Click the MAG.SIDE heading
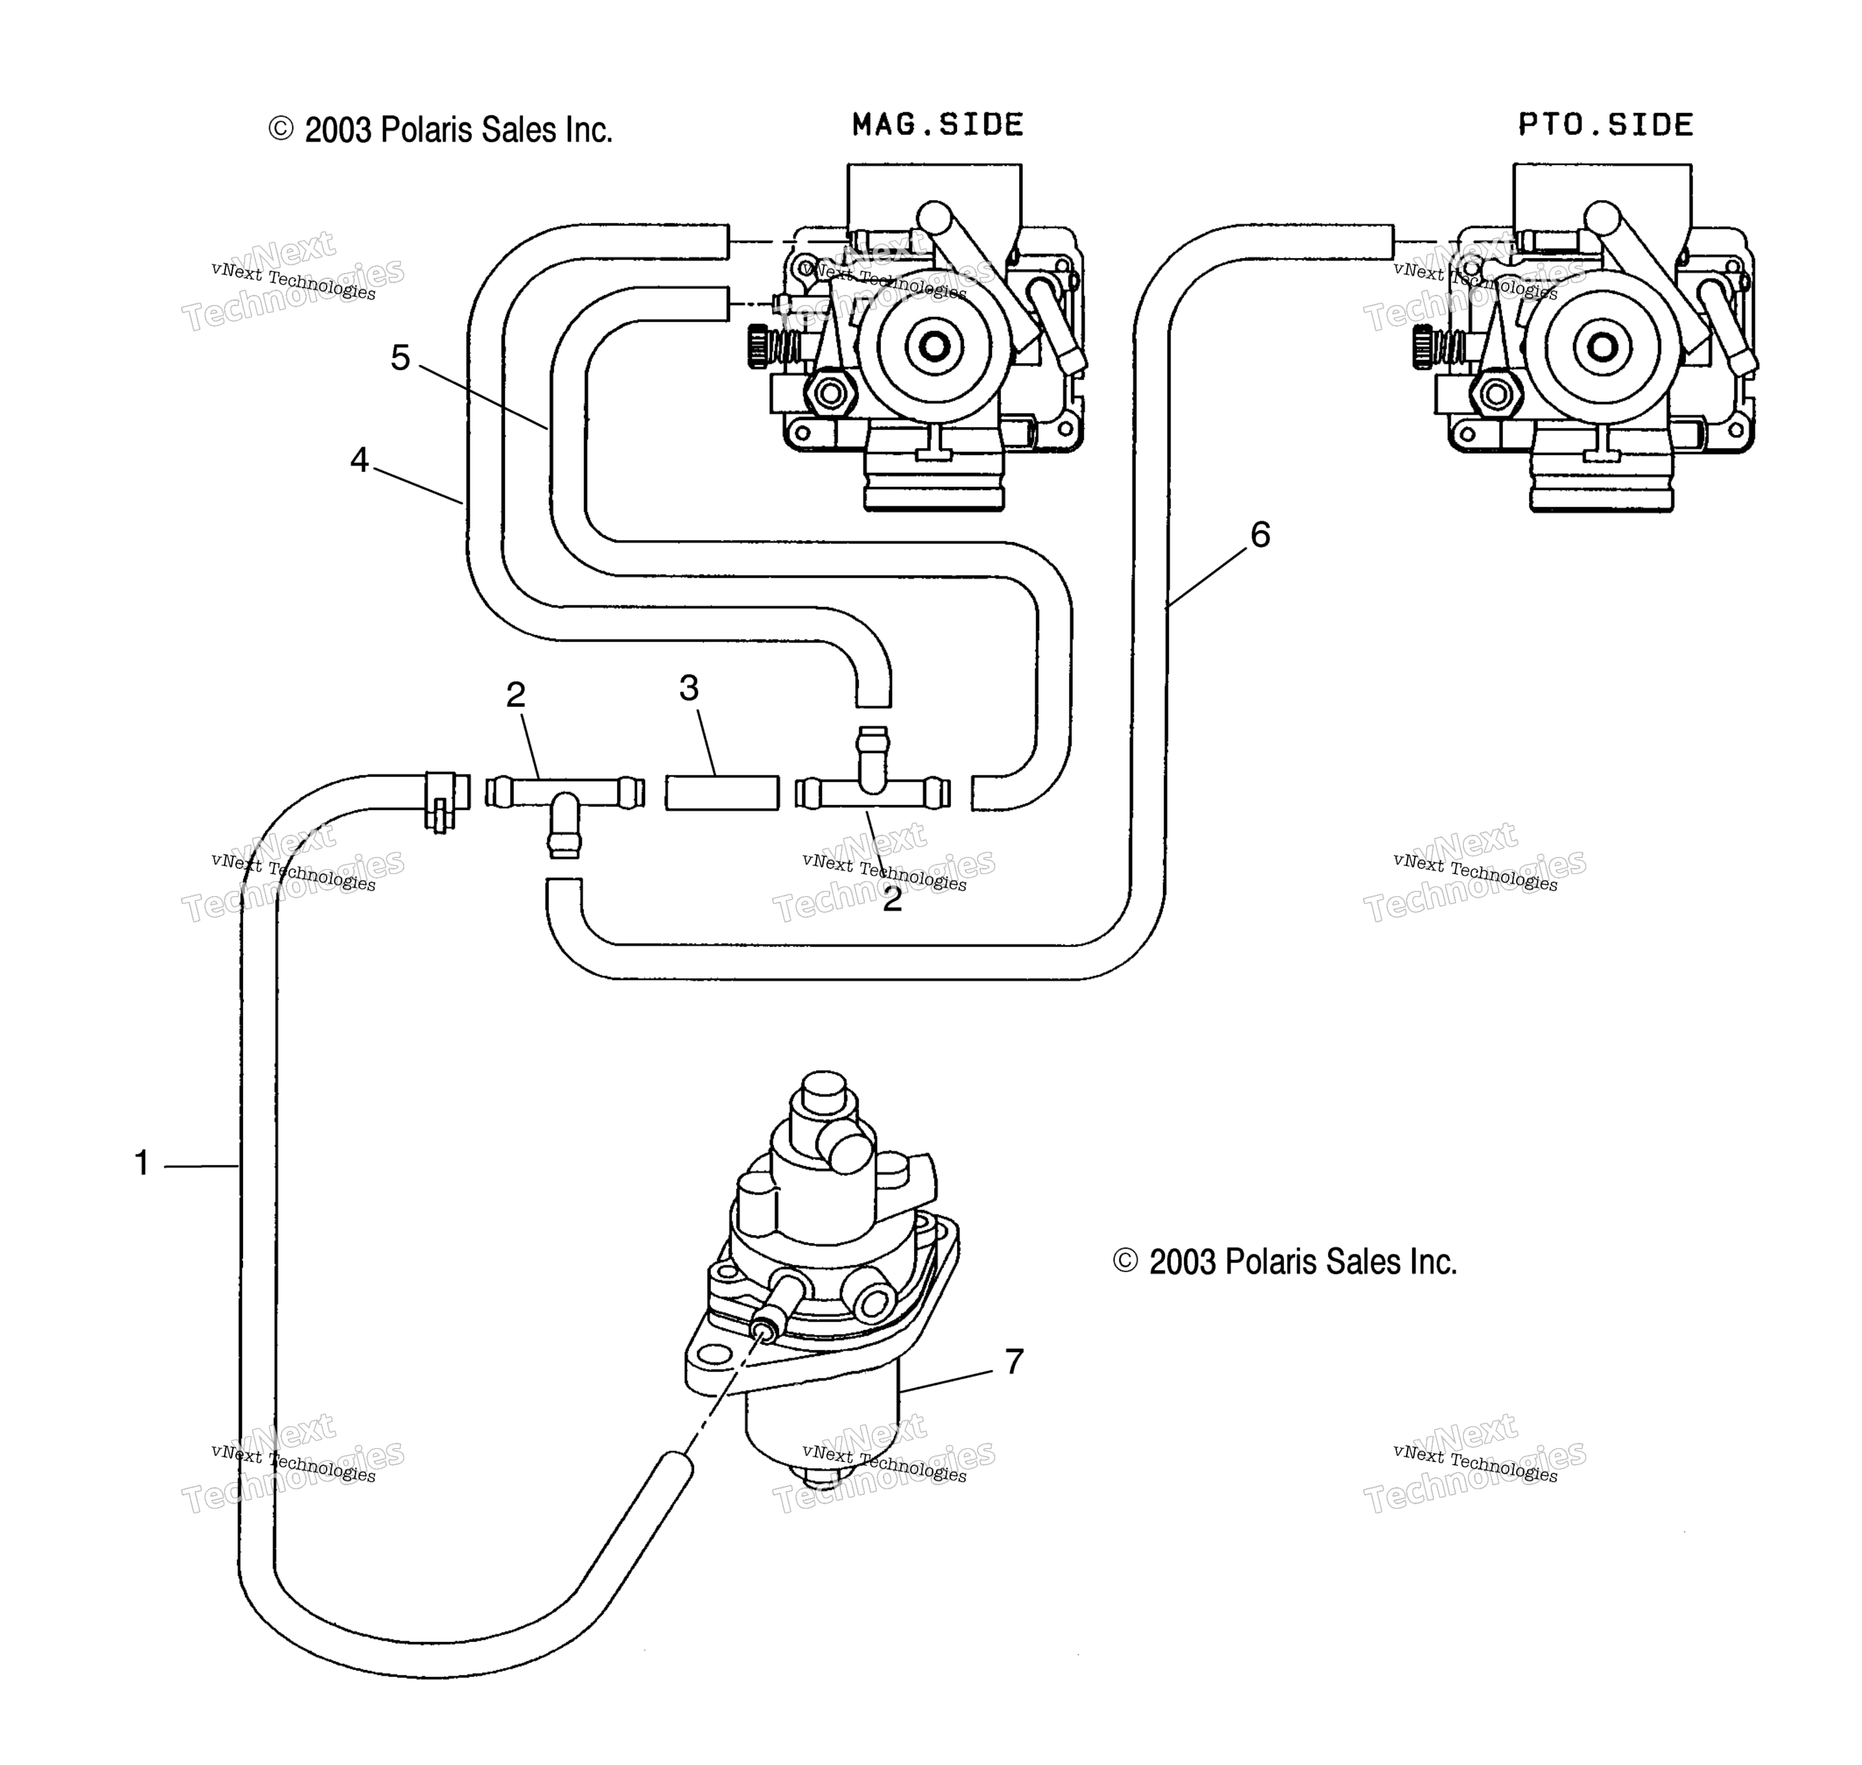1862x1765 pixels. (937, 125)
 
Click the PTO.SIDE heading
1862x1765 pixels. (1605, 125)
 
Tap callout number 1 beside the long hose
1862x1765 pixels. (142, 1164)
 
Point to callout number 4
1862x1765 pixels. (360, 460)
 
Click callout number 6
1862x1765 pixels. (1260, 534)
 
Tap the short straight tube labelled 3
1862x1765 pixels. (723, 792)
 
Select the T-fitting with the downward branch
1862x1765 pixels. (565, 807)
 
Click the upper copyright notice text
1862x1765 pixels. (441, 130)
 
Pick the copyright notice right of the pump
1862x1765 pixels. (1285, 1262)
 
